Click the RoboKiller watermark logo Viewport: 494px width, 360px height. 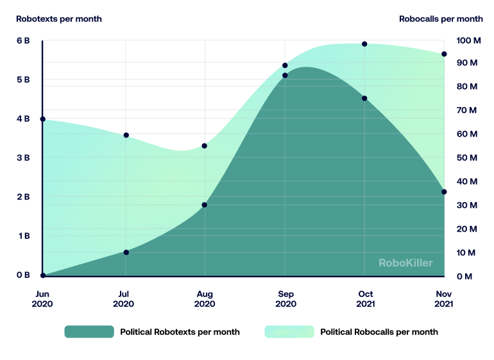[405, 262]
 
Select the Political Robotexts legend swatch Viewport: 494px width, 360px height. [89, 332]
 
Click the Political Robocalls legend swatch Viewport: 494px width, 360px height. [289, 332]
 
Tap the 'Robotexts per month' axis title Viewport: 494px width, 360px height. [59, 19]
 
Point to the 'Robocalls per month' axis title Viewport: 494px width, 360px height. [441, 19]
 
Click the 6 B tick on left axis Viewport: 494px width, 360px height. [23, 40]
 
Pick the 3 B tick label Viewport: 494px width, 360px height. [23, 158]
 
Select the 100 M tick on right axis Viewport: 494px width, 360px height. [468, 40]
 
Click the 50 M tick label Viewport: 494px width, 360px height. [468, 158]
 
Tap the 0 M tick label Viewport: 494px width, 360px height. [465, 277]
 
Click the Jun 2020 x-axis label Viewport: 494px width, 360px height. [42, 299]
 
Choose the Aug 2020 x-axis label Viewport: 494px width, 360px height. [205, 299]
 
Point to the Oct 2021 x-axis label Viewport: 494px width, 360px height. [364, 299]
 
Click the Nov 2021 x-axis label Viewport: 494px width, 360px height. [443, 299]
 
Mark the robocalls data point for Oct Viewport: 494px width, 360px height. [364, 44]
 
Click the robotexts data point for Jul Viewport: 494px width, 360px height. [126, 252]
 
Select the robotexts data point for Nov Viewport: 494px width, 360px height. [444, 192]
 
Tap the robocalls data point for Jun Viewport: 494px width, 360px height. [43, 119]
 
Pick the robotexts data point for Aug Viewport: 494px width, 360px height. [205, 205]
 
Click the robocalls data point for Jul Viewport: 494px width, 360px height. [126, 135]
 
